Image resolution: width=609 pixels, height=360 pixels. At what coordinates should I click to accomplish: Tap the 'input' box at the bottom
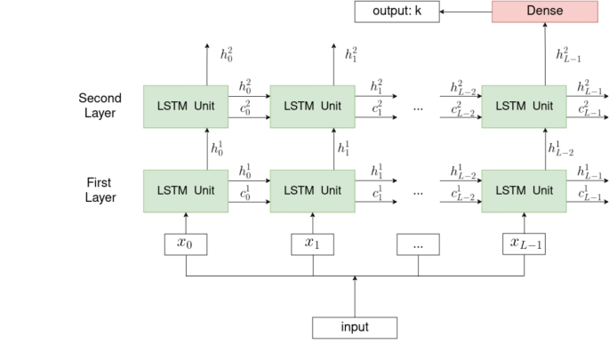point(354,327)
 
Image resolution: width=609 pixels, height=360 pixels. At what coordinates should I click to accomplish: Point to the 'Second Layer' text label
point(100,106)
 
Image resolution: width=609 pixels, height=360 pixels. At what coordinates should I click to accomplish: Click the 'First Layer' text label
point(100,189)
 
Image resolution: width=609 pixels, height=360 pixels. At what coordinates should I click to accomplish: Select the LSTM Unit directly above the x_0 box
point(186,190)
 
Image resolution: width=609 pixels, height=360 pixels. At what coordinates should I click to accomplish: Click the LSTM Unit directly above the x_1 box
point(311,190)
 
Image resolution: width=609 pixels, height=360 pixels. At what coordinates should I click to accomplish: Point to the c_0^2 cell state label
point(244,109)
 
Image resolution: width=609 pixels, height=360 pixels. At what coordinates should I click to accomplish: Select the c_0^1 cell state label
point(244,194)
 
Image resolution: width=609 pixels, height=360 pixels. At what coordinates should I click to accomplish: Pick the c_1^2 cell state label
point(377,109)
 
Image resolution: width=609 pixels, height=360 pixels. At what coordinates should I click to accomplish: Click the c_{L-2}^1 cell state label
point(462,194)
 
